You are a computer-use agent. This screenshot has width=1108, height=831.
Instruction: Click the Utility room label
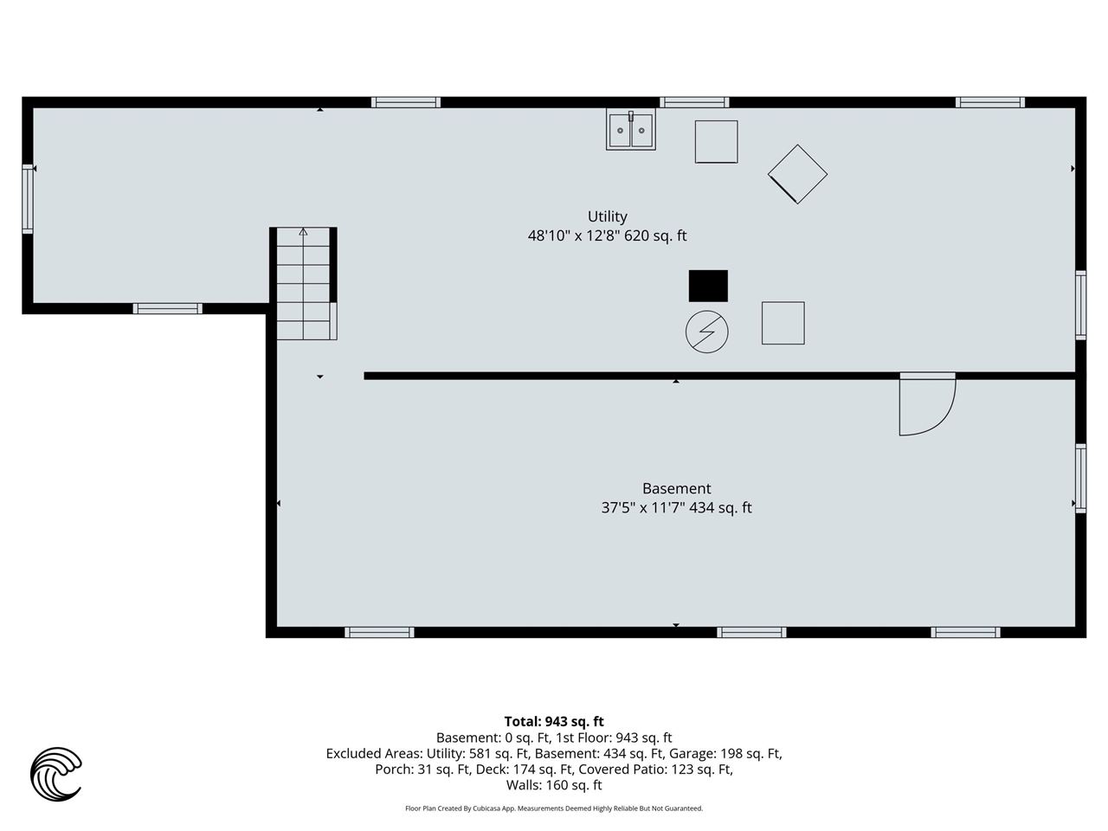(x=607, y=216)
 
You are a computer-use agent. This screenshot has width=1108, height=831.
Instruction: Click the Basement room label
(x=676, y=488)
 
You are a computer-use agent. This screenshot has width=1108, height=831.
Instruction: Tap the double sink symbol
(x=631, y=130)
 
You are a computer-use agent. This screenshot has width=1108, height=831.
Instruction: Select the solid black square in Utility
(x=708, y=286)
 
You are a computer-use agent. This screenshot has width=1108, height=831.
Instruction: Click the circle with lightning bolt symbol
(x=706, y=332)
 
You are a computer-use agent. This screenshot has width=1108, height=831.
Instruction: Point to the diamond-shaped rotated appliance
(x=797, y=174)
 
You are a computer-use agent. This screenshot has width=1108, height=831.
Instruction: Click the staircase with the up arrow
(x=304, y=282)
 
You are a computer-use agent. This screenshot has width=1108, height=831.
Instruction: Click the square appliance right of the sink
(x=716, y=141)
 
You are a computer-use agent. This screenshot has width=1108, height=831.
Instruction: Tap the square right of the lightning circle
(x=783, y=323)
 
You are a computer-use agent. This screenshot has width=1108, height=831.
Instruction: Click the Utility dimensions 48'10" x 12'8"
(x=607, y=235)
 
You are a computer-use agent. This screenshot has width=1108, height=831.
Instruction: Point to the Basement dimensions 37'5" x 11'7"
(x=676, y=508)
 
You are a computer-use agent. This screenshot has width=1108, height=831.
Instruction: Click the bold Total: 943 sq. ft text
(x=554, y=721)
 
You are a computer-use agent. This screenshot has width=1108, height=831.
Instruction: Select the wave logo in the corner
(x=56, y=773)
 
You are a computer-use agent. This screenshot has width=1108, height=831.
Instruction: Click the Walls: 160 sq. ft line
(x=554, y=785)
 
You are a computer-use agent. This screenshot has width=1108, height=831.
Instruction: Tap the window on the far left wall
(x=28, y=198)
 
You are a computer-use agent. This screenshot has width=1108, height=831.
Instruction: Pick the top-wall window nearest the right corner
(x=990, y=102)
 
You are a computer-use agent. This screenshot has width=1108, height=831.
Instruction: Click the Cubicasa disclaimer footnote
(x=554, y=808)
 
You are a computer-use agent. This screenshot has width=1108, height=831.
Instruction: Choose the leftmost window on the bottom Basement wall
(x=379, y=632)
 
